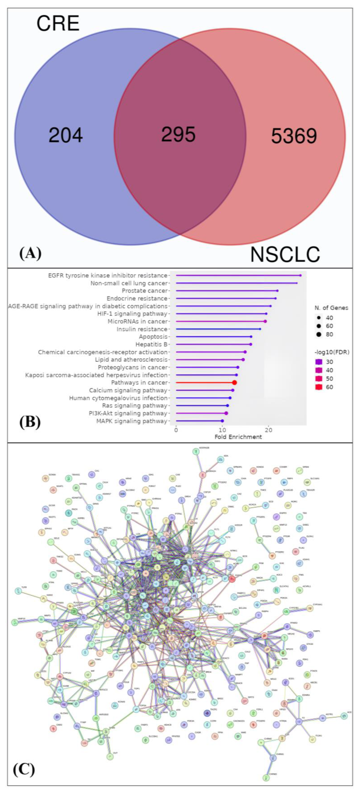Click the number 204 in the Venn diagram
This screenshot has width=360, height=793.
pyautogui.click(x=66, y=135)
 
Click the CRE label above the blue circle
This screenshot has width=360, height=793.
pyautogui.click(x=58, y=23)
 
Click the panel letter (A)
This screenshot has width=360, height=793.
pyautogui.click(x=30, y=254)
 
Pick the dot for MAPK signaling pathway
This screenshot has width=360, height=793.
pyautogui.click(x=222, y=421)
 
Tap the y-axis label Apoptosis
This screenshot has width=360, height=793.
pyautogui.click(x=153, y=337)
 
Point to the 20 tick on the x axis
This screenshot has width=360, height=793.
pyautogui.click(x=269, y=430)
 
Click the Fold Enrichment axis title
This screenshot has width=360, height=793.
pyautogui.click(x=238, y=437)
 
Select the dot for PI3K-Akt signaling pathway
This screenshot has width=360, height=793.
pyautogui.click(x=226, y=413)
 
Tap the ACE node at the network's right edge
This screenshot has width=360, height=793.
pyautogui.click(x=344, y=716)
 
